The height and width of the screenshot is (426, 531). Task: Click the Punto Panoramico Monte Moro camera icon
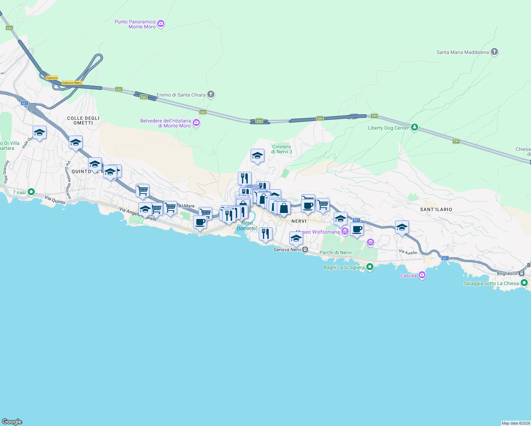[161, 24]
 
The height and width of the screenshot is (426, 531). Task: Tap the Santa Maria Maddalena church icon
[494, 52]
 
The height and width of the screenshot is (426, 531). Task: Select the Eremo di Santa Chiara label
[181, 95]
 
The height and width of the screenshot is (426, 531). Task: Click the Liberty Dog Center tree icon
[414, 127]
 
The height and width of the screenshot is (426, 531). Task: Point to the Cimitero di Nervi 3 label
[281, 149]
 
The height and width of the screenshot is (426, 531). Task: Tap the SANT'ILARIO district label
[436, 209]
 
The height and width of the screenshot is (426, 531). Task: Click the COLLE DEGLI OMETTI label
[83, 120]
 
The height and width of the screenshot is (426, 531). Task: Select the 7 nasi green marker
[31, 192]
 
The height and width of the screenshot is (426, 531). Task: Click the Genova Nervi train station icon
[305, 250]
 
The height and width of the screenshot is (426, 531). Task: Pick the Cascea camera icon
[422, 275]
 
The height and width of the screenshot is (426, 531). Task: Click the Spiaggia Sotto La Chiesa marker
[524, 283]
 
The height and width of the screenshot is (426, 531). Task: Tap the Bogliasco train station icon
[521, 273]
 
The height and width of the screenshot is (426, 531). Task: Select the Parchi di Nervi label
[335, 252]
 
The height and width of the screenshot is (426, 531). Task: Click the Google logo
[12, 421]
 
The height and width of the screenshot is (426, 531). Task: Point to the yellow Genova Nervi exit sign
[72, 83]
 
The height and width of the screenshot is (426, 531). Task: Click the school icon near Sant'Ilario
[402, 227]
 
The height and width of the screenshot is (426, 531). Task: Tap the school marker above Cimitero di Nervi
[257, 155]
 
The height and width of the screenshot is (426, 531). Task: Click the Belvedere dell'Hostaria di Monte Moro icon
[196, 123]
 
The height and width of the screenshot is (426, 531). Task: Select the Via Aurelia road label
[408, 252]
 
